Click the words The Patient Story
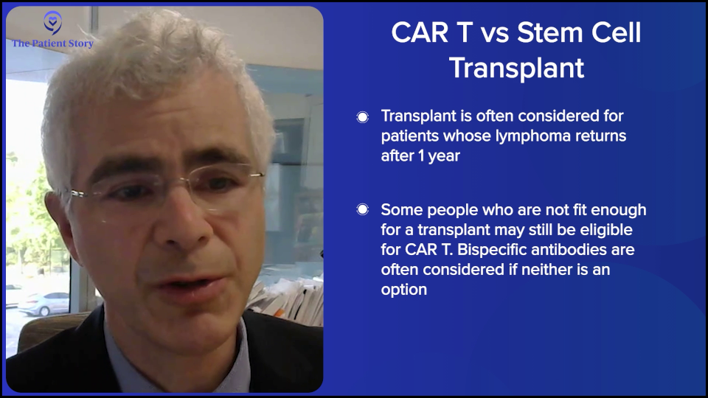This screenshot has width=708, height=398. pos(52,43)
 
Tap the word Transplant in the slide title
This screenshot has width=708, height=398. pos(516,68)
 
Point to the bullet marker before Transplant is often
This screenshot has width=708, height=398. pos(362,117)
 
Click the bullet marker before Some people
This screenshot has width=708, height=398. pos(362,209)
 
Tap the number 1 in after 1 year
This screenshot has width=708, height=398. pos(421,156)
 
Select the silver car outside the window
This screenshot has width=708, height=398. pos(44,304)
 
